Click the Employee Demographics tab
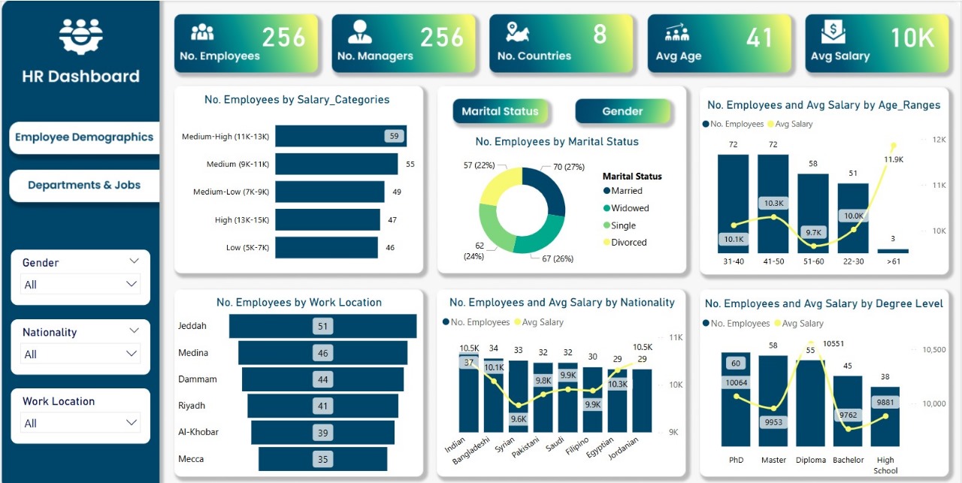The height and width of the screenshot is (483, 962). (x=84, y=137)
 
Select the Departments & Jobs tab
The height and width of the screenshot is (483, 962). (x=84, y=185)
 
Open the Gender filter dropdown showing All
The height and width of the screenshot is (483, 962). (x=80, y=284)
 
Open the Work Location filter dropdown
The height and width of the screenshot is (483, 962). (x=80, y=423)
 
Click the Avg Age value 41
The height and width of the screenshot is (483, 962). (x=759, y=38)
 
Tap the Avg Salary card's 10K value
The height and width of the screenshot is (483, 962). (x=912, y=38)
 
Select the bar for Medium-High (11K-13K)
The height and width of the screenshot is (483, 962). (x=340, y=136)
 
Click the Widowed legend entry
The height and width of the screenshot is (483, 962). (x=629, y=208)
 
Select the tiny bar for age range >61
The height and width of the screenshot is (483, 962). (x=893, y=251)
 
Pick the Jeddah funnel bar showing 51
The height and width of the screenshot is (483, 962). (x=323, y=326)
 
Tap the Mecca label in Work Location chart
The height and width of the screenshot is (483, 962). (x=191, y=459)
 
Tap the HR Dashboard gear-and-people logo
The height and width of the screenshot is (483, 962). (x=80, y=35)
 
